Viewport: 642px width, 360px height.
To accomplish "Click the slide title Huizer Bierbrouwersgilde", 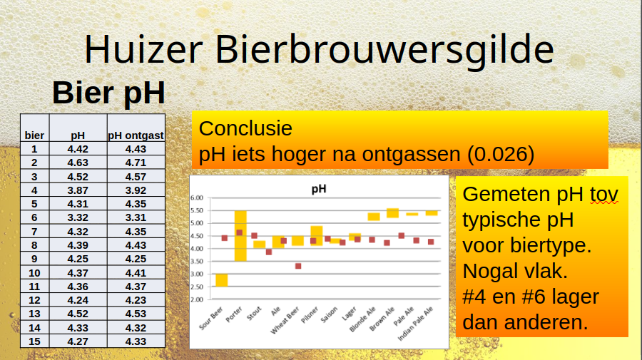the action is coord(319,49).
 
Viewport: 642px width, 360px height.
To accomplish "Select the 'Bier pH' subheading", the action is coord(108,93).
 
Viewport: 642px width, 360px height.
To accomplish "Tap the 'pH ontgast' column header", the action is coord(136,135).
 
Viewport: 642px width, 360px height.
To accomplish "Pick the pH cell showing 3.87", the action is coord(78,190).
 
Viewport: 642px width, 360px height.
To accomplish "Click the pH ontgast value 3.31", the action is coord(136,217).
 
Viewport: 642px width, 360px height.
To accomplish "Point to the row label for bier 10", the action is coord(34,273).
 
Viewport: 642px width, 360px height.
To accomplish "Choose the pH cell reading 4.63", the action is coord(78,163).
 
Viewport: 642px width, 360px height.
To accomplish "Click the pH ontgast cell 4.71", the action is coord(136,163).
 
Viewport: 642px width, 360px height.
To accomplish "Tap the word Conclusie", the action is coord(245,128).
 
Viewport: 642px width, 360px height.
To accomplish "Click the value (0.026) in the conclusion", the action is coord(501,154).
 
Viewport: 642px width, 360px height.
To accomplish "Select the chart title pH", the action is coord(319,189).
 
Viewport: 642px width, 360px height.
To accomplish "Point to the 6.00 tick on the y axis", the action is coord(197,198).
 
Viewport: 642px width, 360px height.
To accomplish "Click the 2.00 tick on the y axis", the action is coord(197,300).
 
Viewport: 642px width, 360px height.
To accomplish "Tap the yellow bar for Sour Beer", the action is coord(222,280).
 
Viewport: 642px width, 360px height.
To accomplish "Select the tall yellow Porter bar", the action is coord(240,236).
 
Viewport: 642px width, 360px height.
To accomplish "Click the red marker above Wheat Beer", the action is coord(298,267).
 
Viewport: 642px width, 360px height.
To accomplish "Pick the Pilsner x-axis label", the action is coord(310,315).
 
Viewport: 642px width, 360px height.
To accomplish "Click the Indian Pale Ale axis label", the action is coord(415,324).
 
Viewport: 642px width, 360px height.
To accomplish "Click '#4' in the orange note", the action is coord(474,297).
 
